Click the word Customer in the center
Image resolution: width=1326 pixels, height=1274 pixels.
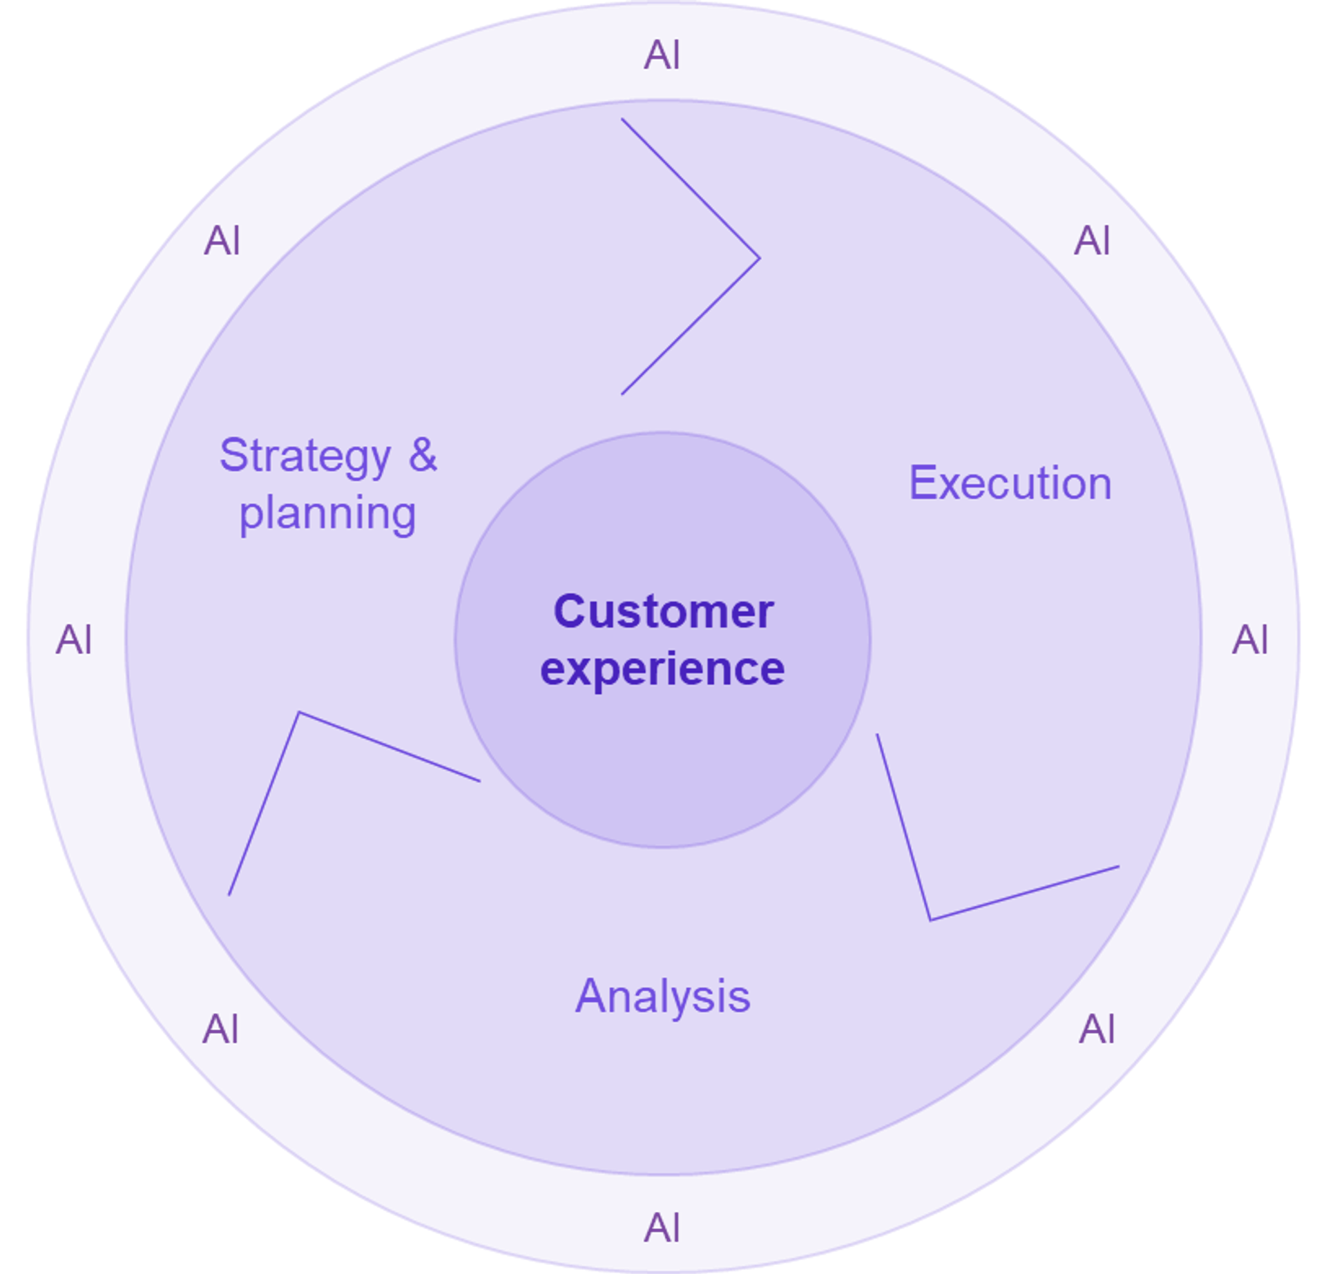[x=663, y=612]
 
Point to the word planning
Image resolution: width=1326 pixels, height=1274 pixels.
[x=327, y=514]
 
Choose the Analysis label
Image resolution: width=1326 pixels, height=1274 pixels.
[x=662, y=996]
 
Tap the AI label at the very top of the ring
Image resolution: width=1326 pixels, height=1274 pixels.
[x=662, y=55]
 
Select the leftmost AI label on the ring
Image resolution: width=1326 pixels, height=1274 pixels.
[x=73, y=640]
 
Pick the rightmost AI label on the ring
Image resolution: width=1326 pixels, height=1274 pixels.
[x=1250, y=640]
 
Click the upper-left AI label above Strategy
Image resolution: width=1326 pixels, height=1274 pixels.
[x=222, y=242]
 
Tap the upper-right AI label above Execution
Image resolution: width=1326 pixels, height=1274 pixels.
[x=1093, y=241]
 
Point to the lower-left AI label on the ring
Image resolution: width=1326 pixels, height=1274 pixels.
[x=220, y=1030]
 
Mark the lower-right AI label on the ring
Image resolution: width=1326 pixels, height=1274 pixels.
[x=1097, y=1030]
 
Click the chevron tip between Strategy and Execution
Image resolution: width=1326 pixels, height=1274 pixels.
[x=760, y=258]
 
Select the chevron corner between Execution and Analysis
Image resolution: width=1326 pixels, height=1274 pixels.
[x=930, y=920]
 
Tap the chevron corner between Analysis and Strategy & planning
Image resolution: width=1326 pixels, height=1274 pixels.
[x=299, y=713]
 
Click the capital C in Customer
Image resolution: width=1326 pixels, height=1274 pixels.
[x=568, y=612]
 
